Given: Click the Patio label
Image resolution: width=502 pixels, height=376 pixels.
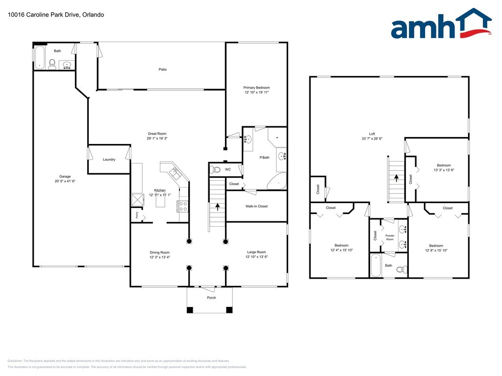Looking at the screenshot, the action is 162,70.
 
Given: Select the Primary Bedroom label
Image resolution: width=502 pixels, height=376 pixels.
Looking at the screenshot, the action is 256,88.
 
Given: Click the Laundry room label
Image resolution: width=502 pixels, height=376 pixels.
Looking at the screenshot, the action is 109,160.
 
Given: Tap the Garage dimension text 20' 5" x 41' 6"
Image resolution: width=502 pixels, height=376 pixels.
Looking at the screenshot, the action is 65,182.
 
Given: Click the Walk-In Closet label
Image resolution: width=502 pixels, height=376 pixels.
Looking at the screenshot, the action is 256,206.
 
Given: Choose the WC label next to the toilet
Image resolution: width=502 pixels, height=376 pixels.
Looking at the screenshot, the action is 228,170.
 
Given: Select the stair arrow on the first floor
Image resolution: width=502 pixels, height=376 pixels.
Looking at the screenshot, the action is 217,207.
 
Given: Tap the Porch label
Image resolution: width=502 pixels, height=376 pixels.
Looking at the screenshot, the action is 211,298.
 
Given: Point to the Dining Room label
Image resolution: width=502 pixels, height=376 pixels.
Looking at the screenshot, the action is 160,252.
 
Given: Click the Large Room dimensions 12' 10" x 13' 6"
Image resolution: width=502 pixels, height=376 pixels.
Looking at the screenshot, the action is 256,257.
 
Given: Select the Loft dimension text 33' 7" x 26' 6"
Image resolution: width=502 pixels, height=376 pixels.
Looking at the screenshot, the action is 372,139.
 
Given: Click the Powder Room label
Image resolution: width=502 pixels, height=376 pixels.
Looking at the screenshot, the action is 390,237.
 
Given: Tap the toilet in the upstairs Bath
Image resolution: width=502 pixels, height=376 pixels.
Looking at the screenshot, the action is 401,269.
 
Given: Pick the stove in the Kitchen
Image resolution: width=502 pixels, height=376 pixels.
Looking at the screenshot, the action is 183,206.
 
